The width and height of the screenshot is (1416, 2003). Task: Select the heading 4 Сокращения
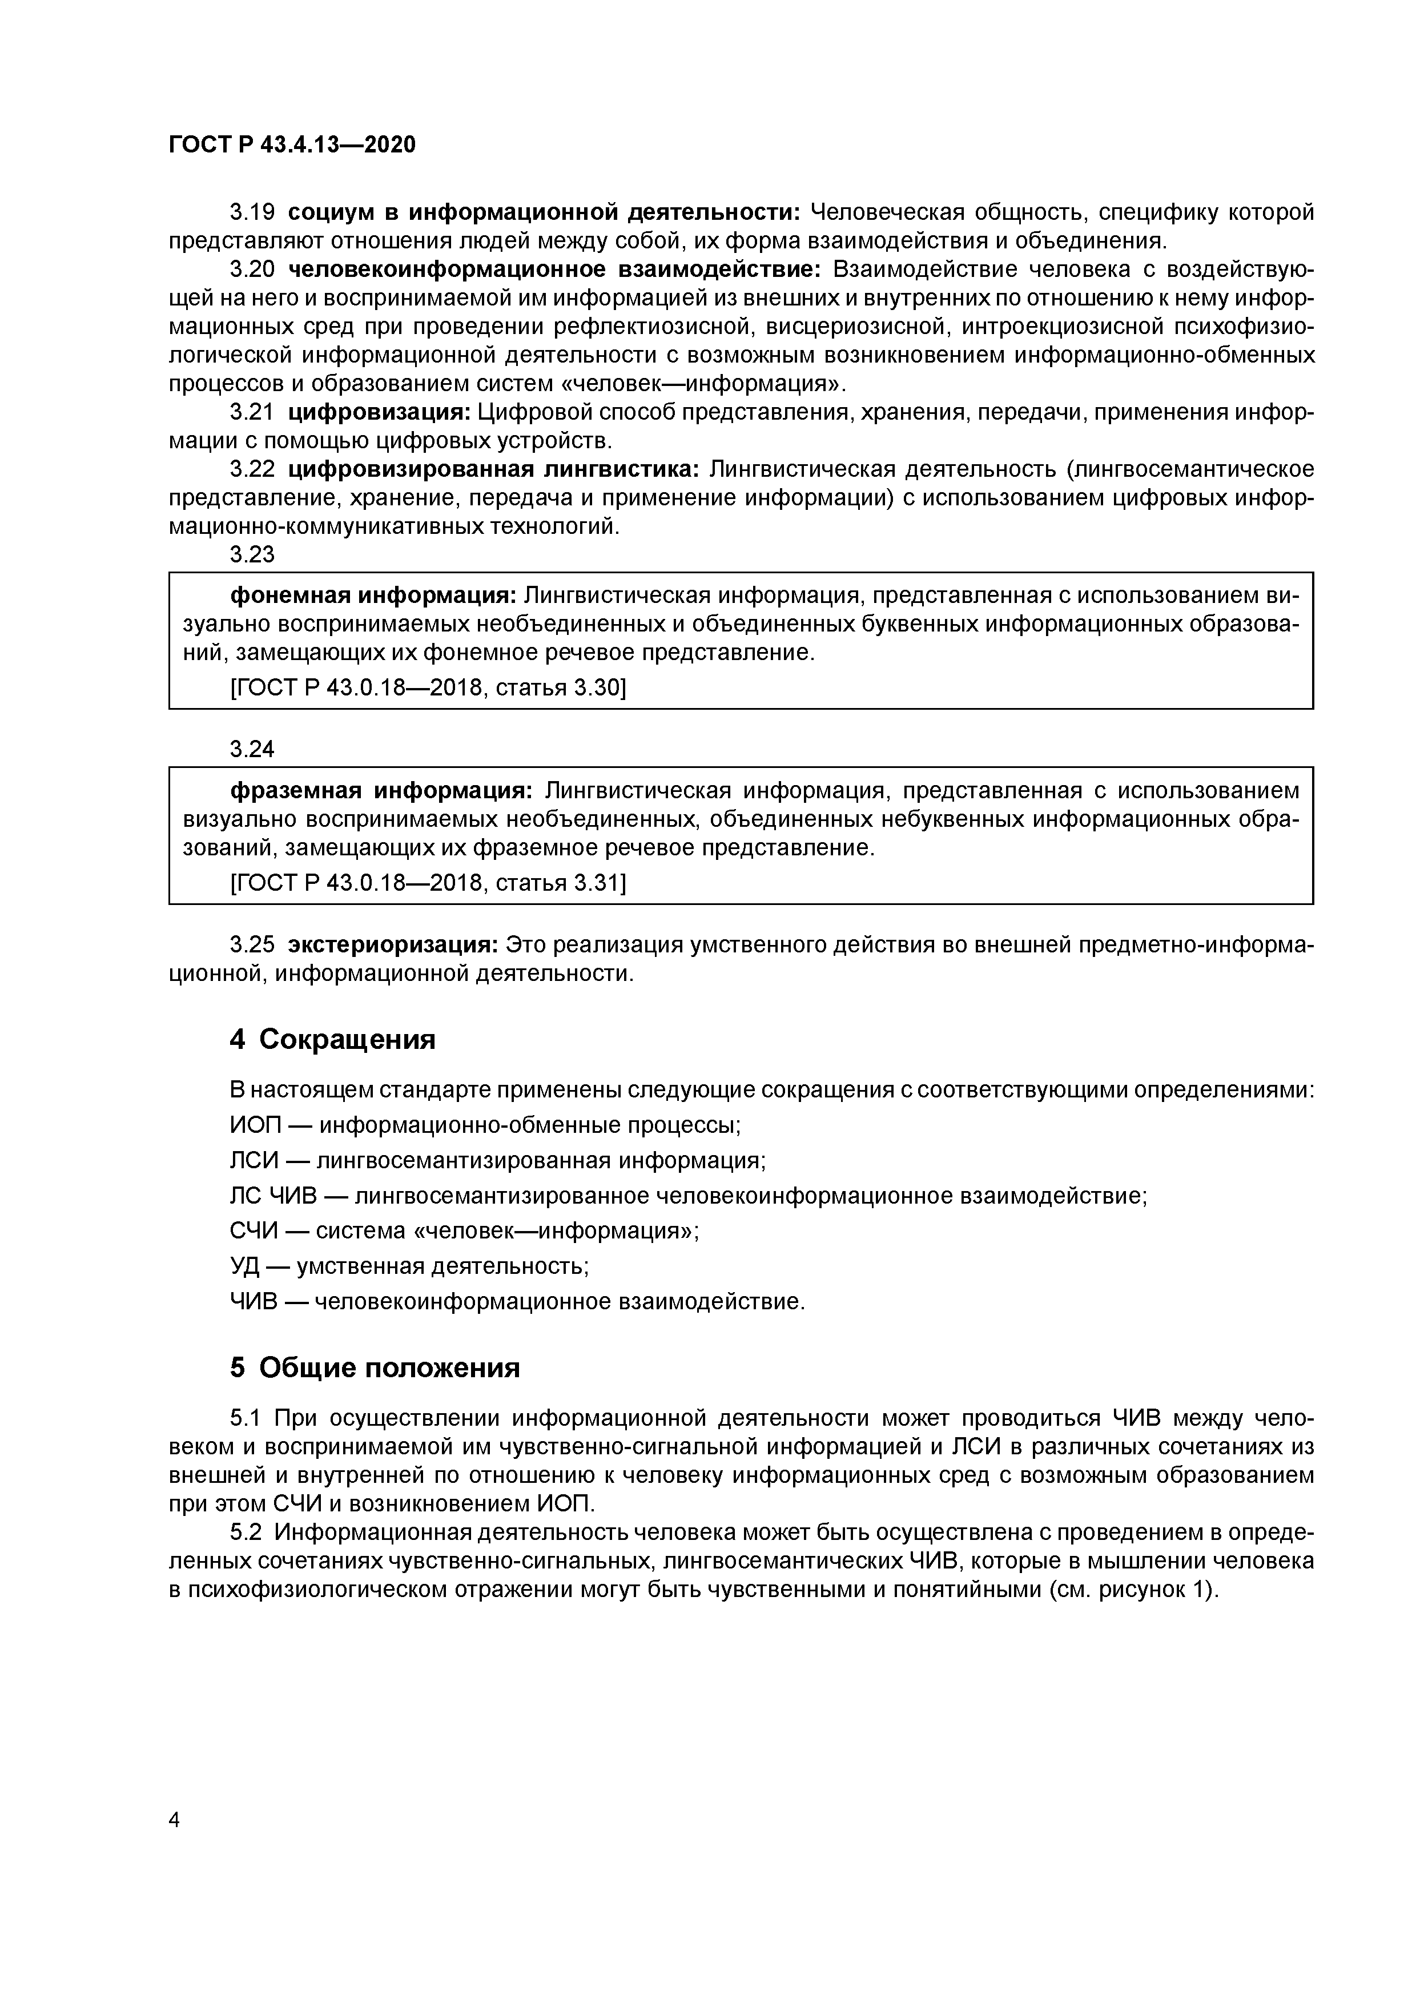(x=332, y=1039)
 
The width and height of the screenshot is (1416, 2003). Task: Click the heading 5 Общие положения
(x=375, y=1367)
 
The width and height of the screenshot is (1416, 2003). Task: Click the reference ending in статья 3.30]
(x=428, y=688)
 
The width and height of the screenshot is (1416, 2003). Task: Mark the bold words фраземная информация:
(x=380, y=790)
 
